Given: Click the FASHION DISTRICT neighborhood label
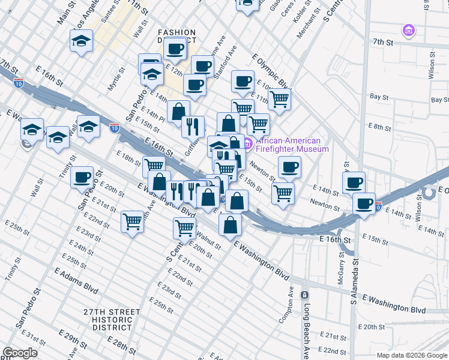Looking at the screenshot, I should tap(176, 36).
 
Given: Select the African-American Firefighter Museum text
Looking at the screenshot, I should tap(292, 145).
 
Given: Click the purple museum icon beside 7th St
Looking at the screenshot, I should tap(408, 29).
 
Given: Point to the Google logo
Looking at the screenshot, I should tap(20, 353).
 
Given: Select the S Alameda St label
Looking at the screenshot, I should tap(354, 282).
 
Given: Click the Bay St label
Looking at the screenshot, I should tap(379, 96).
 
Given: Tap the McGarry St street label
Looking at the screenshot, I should tap(342, 264).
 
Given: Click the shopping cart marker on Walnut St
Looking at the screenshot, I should tap(184, 227).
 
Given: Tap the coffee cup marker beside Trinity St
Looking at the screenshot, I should tap(82, 177).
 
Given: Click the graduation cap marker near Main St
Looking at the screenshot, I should tap(81, 40).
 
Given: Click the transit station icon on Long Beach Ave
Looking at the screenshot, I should tap(304, 295).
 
